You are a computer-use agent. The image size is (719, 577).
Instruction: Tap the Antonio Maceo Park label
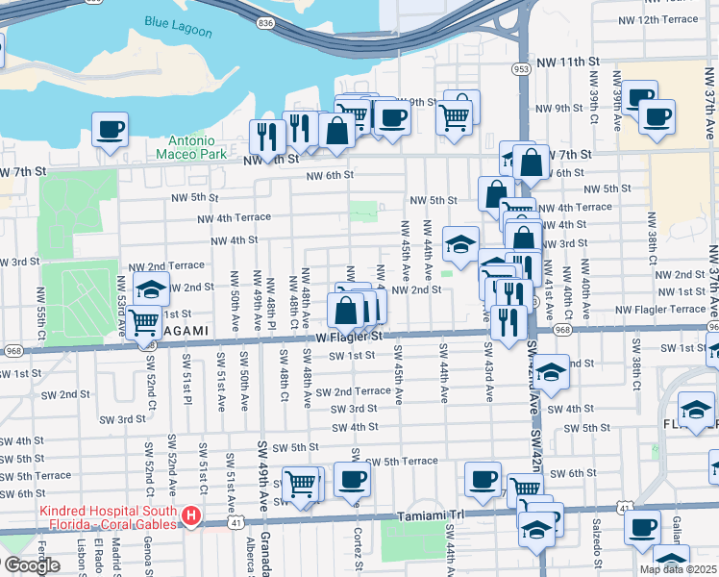[185, 147]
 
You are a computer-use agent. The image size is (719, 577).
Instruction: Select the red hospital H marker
[191, 517]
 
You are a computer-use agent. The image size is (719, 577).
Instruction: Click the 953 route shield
[521, 68]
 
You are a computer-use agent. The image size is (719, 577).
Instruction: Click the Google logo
[32, 565]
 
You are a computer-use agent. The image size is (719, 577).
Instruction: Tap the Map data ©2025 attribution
[678, 569]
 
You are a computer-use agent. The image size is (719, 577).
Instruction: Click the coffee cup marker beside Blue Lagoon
[110, 129]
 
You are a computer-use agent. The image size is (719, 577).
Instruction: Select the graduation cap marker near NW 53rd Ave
[151, 288]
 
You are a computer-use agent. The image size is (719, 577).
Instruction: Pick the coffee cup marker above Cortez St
[352, 480]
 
